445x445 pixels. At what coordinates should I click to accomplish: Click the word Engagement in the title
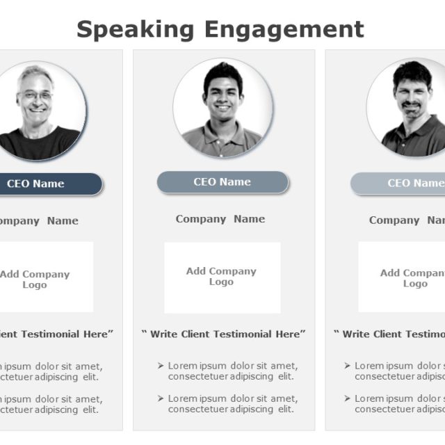tap(284, 30)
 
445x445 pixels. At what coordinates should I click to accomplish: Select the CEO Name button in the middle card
tap(222, 182)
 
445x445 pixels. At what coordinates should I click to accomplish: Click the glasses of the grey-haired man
tap(36, 95)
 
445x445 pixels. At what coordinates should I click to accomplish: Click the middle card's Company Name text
tap(220, 219)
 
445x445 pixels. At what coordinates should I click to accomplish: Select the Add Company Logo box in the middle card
tap(222, 277)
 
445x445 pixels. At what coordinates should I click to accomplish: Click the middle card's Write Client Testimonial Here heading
tap(223, 334)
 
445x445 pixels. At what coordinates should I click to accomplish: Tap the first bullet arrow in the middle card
tap(161, 366)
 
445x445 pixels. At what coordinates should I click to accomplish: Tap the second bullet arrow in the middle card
tap(161, 398)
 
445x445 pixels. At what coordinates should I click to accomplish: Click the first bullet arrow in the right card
tap(348, 366)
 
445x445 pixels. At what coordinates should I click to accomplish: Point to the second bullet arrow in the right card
tap(348, 398)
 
